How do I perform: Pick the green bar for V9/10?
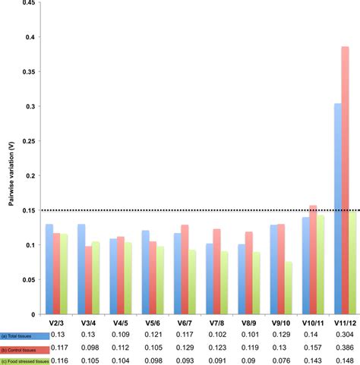click(288, 288)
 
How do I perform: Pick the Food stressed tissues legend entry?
click(25, 360)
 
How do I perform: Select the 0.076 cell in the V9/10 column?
click(279, 360)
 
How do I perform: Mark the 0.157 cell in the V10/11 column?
click(311, 348)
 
